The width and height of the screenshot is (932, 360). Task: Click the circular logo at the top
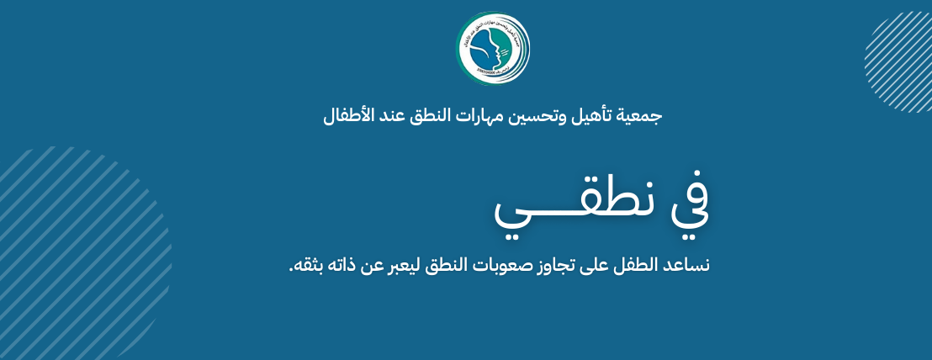click(x=494, y=48)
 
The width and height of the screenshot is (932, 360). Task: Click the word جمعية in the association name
click(x=640, y=114)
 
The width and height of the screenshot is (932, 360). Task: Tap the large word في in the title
click(x=688, y=206)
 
